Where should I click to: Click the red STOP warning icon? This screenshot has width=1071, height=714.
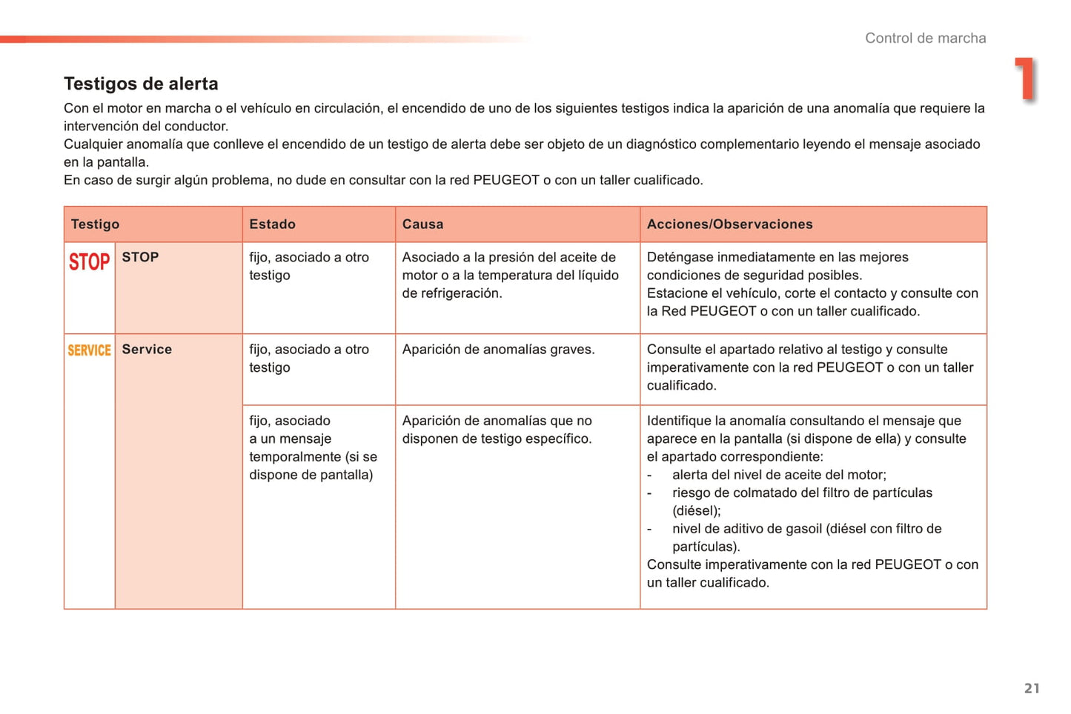point(89,262)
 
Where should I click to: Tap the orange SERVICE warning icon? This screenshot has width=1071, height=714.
point(89,350)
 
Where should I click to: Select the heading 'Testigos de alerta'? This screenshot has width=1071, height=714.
point(141,84)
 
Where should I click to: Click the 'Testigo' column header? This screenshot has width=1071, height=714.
point(95,224)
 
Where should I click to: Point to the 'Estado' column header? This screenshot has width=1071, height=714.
point(272,224)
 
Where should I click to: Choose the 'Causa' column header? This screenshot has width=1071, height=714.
point(422,224)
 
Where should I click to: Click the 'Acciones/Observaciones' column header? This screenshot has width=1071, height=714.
point(729,224)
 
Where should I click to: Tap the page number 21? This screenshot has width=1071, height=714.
point(1032,688)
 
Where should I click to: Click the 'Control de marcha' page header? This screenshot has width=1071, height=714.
point(925,39)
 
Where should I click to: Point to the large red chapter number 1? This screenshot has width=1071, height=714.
point(1026,79)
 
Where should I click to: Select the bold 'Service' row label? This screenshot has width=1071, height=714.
point(147,350)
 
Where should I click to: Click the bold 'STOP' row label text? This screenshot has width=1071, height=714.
point(140,257)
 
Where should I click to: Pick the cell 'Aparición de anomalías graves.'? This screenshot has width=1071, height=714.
point(498,350)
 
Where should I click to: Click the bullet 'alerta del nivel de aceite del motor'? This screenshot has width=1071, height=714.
point(778,475)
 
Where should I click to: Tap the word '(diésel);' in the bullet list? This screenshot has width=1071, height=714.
point(696,511)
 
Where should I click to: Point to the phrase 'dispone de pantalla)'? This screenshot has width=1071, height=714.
point(311,475)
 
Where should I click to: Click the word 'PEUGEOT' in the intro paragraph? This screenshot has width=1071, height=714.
point(505,180)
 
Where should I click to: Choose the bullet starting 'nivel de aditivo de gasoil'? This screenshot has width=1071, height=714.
point(806,529)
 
